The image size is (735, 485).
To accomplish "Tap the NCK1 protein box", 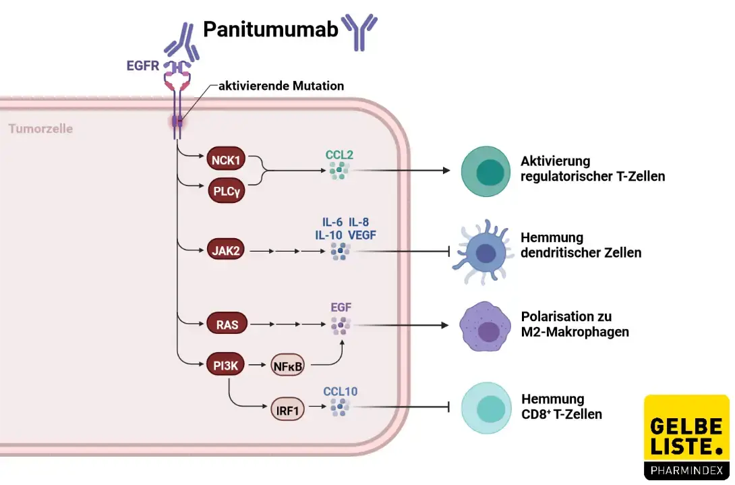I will coord(226,160).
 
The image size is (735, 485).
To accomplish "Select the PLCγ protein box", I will coord(226,190).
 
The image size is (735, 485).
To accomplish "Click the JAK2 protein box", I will coord(226,252).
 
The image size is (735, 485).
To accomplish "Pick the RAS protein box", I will coord(226,324).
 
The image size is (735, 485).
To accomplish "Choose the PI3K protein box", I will coord(226,366).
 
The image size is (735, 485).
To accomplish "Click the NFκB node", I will coord(288,366).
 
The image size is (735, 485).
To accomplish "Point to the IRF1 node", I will coord(288,408).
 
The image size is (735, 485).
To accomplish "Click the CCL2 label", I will coord(339,154).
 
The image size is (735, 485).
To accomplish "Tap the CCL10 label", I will coord(340,391).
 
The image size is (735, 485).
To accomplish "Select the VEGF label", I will coord(362,234).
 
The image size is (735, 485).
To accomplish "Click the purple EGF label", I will coord(341,308).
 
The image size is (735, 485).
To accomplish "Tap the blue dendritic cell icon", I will coord(483,253).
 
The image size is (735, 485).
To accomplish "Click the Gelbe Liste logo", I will coord(686,437).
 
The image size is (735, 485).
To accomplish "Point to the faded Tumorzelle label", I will coord(40,128).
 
